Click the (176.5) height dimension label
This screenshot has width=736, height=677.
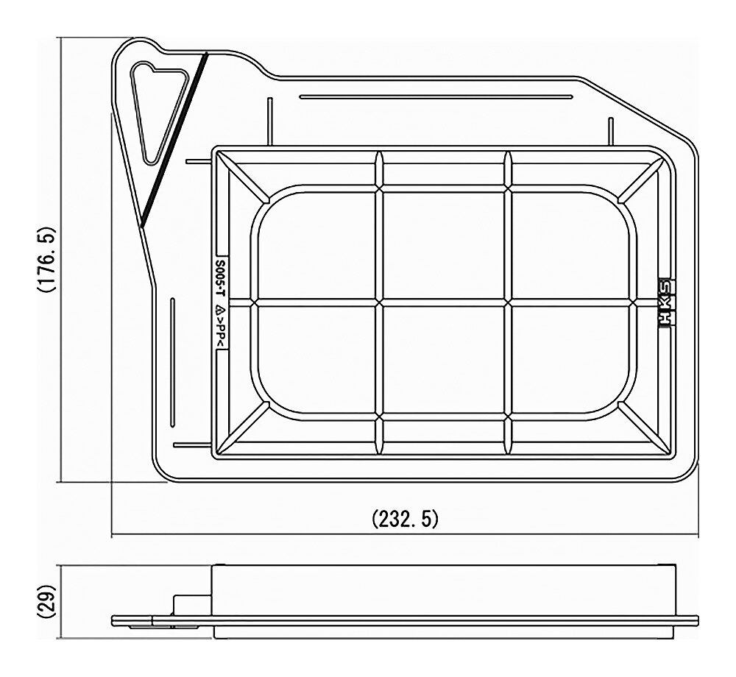pyautogui.click(x=47, y=260)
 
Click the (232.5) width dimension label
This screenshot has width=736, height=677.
pyautogui.click(x=405, y=519)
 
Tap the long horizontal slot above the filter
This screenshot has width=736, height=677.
pyautogui.click(x=436, y=97)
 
